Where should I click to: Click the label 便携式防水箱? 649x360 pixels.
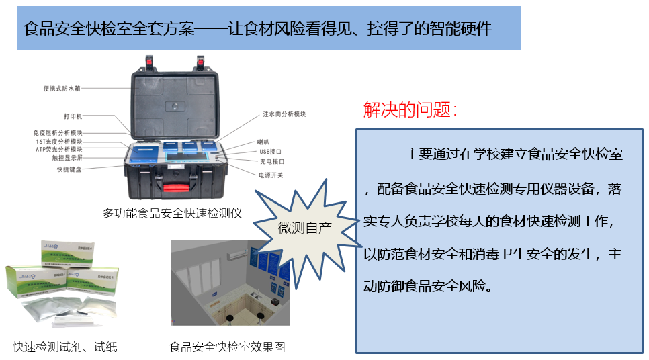tap(62, 88)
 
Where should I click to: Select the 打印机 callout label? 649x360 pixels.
tap(73, 116)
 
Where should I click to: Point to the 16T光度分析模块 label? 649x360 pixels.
tap(60, 142)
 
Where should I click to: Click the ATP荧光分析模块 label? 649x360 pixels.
tap(60, 149)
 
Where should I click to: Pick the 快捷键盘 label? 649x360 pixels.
tap(69, 169)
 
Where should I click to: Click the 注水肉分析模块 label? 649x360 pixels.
tap(284, 114)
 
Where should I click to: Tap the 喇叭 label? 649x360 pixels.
tap(264, 142)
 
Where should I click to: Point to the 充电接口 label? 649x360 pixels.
tap(271, 162)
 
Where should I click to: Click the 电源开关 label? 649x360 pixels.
tap(271, 175)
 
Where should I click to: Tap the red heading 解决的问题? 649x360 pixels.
tap(410, 110)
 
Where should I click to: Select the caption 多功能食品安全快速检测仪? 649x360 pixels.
tap(172, 213)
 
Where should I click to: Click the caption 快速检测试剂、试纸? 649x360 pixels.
tap(65, 347)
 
